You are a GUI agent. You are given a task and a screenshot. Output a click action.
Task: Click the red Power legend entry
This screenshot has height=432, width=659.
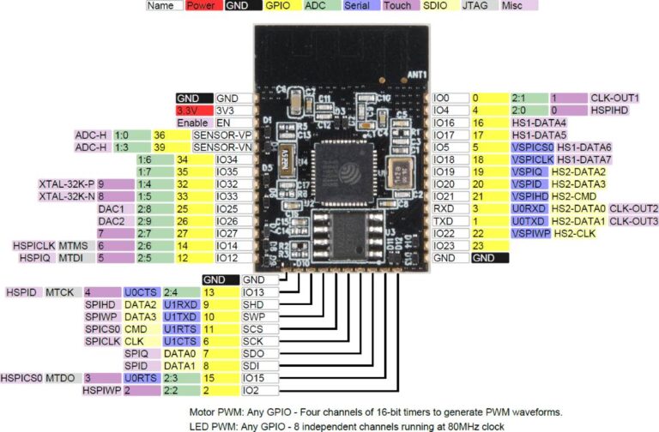tap(201, 5)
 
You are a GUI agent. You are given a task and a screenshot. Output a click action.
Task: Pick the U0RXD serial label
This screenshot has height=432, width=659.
tap(529, 208)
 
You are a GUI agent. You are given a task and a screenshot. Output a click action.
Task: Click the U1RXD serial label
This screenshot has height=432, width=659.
tap(180, 304)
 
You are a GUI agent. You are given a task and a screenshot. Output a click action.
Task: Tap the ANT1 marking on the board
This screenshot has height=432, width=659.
tap(418, 75)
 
